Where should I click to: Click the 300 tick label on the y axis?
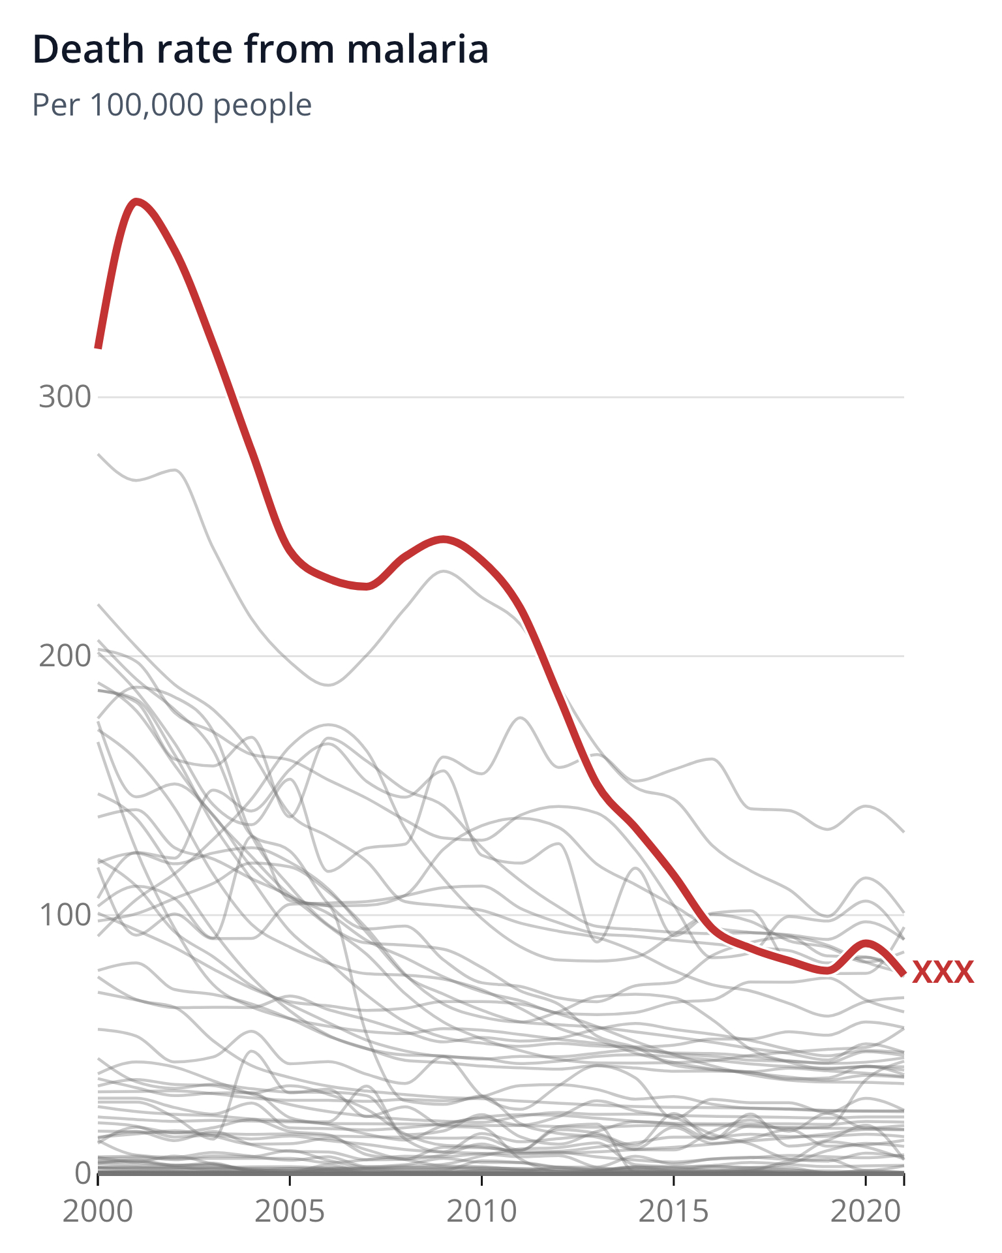click(x=64, y=397)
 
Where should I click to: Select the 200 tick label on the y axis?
click(x=64, y=656)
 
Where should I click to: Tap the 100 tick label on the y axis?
click(x=64, y=915)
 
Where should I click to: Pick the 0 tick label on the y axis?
click(x=83, y=1173)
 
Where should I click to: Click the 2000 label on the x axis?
click(x=98, y=1212)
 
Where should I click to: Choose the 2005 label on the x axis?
click(x=290, y=1212)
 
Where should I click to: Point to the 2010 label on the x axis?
click(x=481, y=1212)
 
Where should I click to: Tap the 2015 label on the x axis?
click(x=673, y=1212)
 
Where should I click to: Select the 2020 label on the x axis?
click(x=865, y=1212)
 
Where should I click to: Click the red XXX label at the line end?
click(x=943, y=972)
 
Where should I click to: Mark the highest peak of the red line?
click(x=136, y=201)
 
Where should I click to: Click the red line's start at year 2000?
click(x=98, y=348)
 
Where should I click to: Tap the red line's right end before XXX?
click(x=903, y=974)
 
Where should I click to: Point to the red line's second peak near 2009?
click(x=444, y=539)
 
